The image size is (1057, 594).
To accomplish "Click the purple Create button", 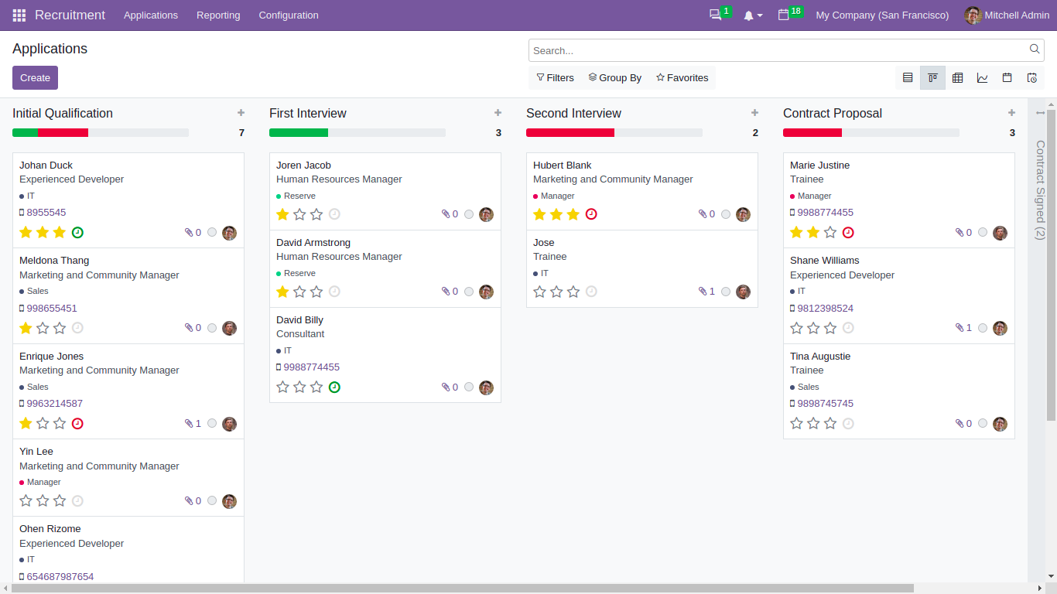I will [35, 78].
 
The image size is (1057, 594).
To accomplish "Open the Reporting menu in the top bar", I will [218, 15].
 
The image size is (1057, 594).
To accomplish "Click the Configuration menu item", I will [288, 15].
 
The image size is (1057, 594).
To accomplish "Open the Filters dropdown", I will [555, 78].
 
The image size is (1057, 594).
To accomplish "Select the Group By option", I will [614, 78].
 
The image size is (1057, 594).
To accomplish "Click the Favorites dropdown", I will [682, 78].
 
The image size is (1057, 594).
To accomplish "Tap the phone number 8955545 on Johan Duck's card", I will [46, 213].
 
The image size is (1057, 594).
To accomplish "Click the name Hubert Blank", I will [562, 166].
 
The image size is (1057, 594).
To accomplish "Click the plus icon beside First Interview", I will [498, 113].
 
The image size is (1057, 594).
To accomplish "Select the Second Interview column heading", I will [573, 114].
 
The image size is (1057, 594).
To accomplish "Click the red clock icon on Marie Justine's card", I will [848, 233].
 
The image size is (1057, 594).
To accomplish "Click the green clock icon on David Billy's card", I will [334, 387].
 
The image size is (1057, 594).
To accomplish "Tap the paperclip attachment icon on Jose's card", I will [703, 292].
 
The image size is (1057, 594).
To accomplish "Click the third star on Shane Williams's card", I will [830, 328].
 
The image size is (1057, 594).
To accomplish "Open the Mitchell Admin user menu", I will [1007, 15].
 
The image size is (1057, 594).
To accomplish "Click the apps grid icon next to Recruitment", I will [19, 15].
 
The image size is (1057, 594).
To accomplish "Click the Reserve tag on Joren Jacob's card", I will [299, 196].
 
